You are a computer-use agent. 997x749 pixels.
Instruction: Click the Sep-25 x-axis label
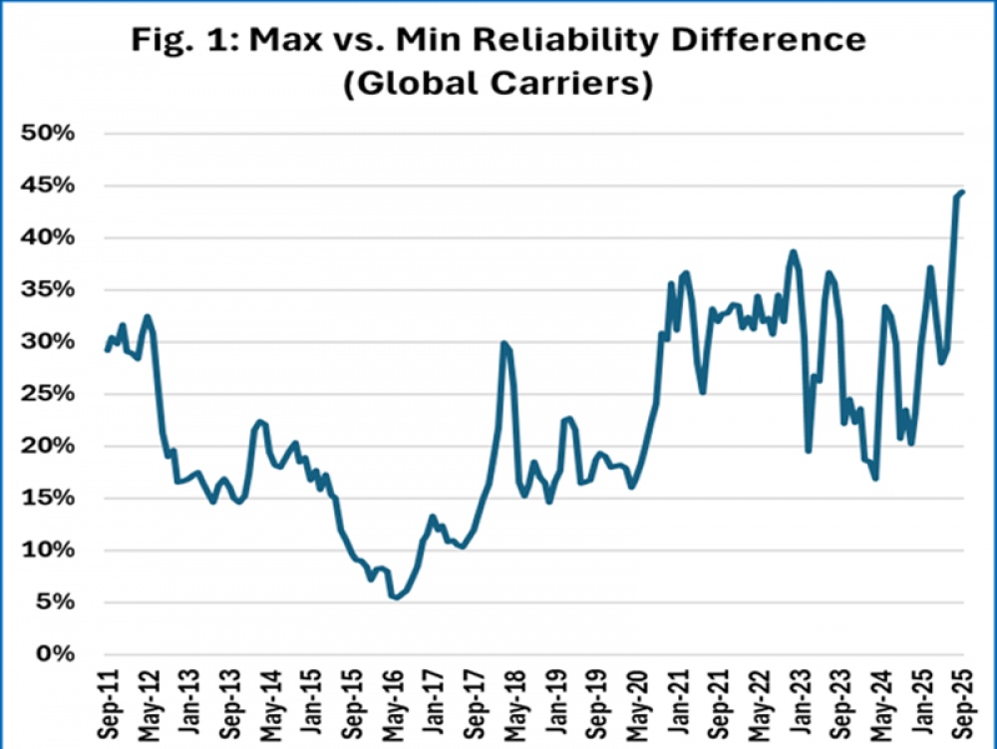pos(964,702)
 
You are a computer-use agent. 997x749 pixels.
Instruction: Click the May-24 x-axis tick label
pos(878,702)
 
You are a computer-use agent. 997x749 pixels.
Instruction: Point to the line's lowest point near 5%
pos(396,597)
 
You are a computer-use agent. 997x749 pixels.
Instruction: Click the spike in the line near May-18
pos(503,344)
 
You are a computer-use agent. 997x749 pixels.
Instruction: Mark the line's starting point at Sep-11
pos(107,350)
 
